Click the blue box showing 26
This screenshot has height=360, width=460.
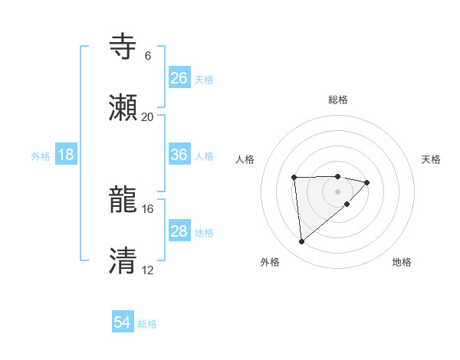179,77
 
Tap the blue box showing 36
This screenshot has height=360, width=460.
179,155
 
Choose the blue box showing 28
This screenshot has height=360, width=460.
179,231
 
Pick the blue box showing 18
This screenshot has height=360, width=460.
66,155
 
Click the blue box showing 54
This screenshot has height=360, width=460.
123,322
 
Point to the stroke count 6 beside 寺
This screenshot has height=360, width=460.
147,56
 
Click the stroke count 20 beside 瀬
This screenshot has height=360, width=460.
147,116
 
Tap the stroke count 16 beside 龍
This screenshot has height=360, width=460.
147,208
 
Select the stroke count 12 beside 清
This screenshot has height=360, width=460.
147,270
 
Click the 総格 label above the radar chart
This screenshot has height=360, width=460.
338,100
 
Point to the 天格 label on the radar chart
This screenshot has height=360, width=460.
431,159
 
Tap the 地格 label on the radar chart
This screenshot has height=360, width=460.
402,262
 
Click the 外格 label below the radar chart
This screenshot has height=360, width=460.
270,262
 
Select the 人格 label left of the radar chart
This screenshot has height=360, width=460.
245,159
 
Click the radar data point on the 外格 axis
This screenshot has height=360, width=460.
302,241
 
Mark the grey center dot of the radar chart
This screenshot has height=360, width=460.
338,191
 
